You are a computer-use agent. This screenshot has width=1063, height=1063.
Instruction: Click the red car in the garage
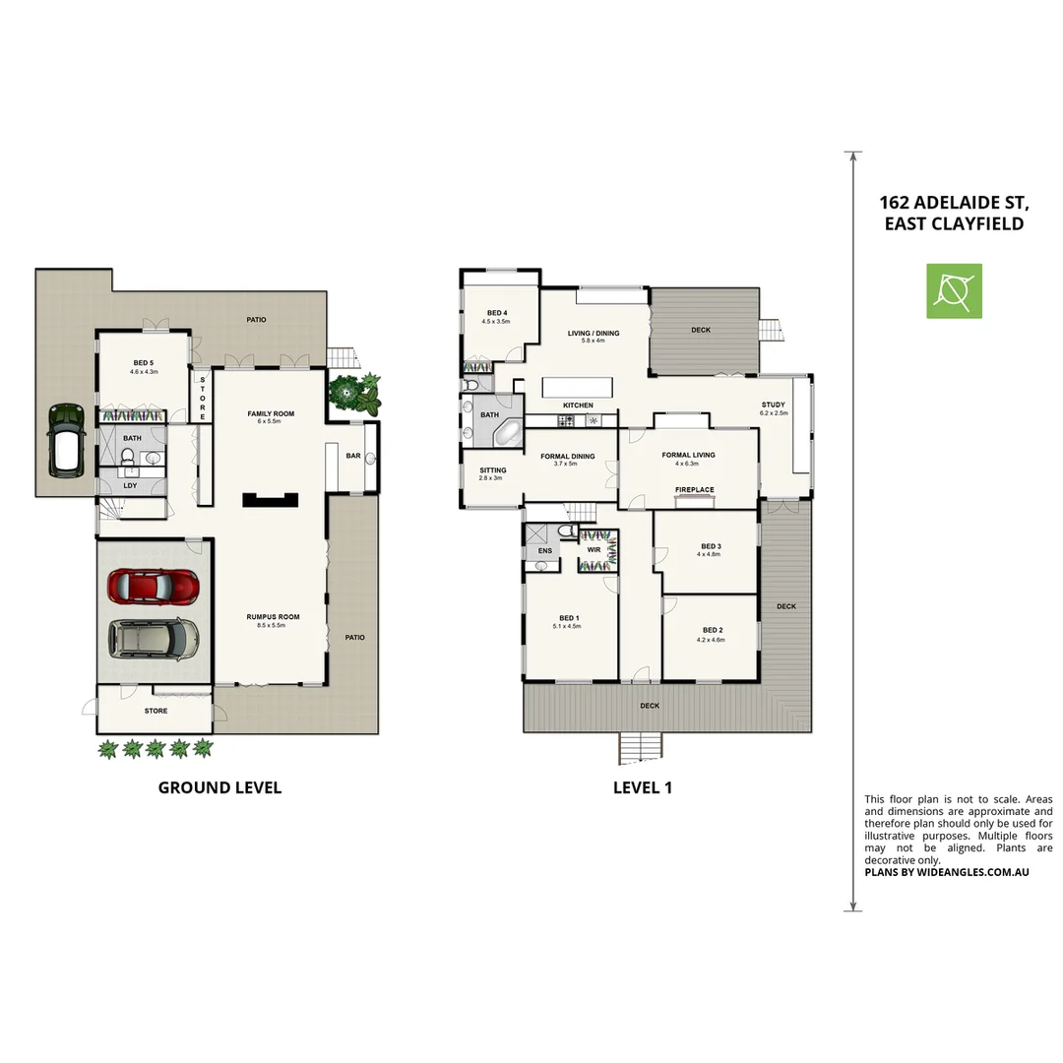(x=153, y=587)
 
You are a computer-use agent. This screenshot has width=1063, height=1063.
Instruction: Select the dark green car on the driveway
(x=65, y=439)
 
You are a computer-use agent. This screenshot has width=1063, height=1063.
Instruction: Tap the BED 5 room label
(x=145, y=363)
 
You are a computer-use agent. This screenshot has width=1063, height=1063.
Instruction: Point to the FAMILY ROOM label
(x=271, y=413)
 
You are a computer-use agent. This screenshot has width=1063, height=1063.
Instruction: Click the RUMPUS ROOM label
(x=273, y=617)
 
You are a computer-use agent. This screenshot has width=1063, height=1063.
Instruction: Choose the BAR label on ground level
(x=352, y=456)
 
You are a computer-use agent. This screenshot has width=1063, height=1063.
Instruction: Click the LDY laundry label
(x=130, y=484)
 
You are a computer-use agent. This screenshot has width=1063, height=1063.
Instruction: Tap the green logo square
(x=954, y=290)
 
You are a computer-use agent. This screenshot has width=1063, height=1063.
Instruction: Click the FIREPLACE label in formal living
(x=694, y=489)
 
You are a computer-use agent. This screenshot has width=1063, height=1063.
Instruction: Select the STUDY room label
(x=773, y=405)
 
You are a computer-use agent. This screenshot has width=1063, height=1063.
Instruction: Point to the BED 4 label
(x=496, y=312)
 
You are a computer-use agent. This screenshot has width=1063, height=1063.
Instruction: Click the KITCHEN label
(x=578, y=406)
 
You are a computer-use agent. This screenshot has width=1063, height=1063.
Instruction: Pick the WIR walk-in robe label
(x=594, y=550)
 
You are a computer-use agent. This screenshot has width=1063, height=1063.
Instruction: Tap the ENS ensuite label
(x=544, y=551)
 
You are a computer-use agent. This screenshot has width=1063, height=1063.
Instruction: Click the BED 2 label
(x=713, y=630)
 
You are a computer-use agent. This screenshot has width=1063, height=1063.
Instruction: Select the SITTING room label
(x=492, y=470)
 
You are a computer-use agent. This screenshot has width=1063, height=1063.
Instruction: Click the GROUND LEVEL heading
(x=219, y=787)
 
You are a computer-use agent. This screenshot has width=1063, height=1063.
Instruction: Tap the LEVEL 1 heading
(x=643, y=787)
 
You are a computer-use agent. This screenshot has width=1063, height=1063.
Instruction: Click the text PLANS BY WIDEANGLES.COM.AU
(x=946, y=872)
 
